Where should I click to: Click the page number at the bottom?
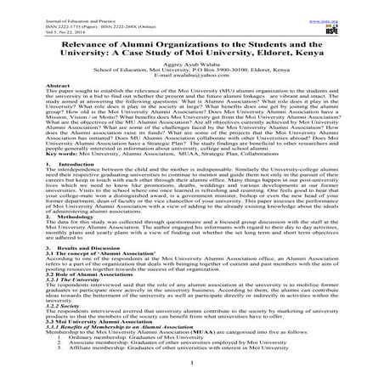point(191,381)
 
